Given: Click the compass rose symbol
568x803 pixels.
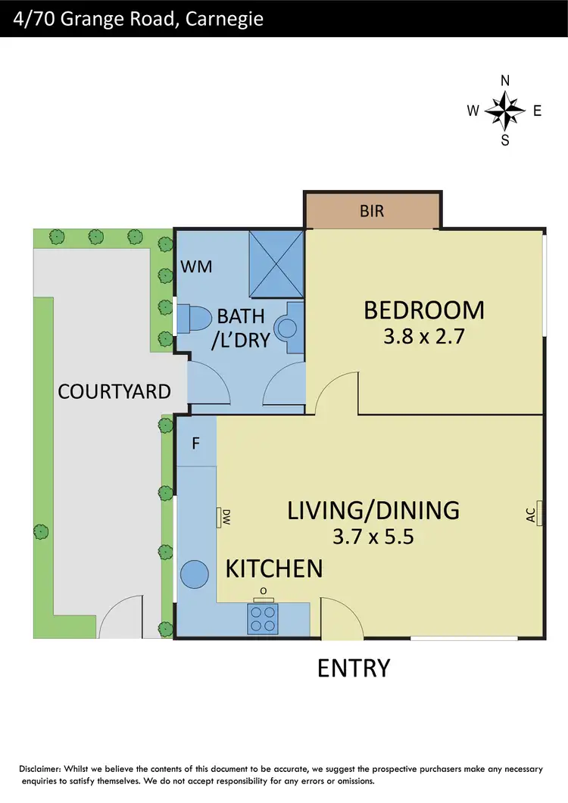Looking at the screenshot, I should (505, 111).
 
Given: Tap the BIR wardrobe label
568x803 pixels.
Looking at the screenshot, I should (372, 211).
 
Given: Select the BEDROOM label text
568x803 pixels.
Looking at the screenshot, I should (423, 310).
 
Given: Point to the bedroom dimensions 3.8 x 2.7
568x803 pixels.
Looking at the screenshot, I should (423, 337).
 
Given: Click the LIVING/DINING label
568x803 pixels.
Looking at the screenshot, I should (373, 510).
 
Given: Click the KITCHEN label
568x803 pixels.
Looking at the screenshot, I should (274, 568).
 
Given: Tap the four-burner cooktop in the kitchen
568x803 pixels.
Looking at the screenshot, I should (264, 619).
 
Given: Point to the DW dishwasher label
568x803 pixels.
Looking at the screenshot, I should (225, 518).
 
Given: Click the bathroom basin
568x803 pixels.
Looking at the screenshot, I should (289, 328).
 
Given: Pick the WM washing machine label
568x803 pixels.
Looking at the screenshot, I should (196, 266).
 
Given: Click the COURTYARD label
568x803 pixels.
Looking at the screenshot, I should (114, 391).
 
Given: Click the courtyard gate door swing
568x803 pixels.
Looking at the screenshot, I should (120, 617).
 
